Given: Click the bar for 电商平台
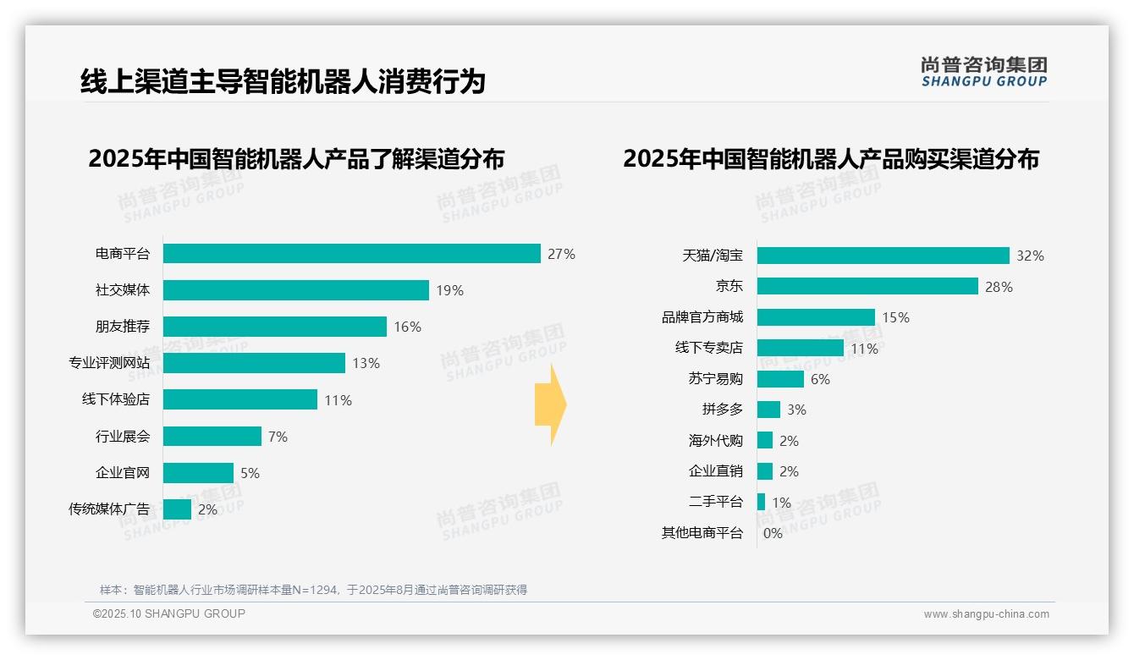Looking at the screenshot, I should pyautogui.click(x=351, y=254).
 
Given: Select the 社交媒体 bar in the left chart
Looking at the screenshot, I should pyautogui.click(x=295, y=290).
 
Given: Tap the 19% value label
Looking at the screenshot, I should pyautogui.click(x=449, y=290).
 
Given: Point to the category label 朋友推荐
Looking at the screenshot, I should pyautogui.click(x=122, y=327).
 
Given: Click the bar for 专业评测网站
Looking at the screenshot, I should pyautogui.click(x=254, y=363).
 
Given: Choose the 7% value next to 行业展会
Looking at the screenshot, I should pyautogui.click(x=278, y=437).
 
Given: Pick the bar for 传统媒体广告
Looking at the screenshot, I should pyautogui.click(x=177, y=509).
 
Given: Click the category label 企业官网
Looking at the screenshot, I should pyautogui.click(x=122, y=473).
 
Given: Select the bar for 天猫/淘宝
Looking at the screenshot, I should pyautogui.click(x=883, y=256).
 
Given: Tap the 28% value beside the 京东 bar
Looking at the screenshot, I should pyautogui.click(x=999, y=287).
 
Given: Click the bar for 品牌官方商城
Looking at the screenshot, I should pyautogui.click(x=816, y=317).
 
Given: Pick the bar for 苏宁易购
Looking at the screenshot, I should pyautogui.click(x=780, y=379).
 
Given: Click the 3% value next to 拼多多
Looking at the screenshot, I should pyautogui.click(x=796, y=410).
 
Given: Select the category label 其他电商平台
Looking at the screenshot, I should pyautogui.click(x=702, y=533).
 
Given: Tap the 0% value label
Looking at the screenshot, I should pyautogui.click(x=773, y=533).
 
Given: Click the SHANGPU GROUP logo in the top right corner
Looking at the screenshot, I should pyautogui.click(x=983, y=72).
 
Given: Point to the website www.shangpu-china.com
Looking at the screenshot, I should pyautogui.click(x=986, y=614).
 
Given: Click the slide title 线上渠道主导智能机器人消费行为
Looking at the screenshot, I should pyautogui.click(x=283, y=82).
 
